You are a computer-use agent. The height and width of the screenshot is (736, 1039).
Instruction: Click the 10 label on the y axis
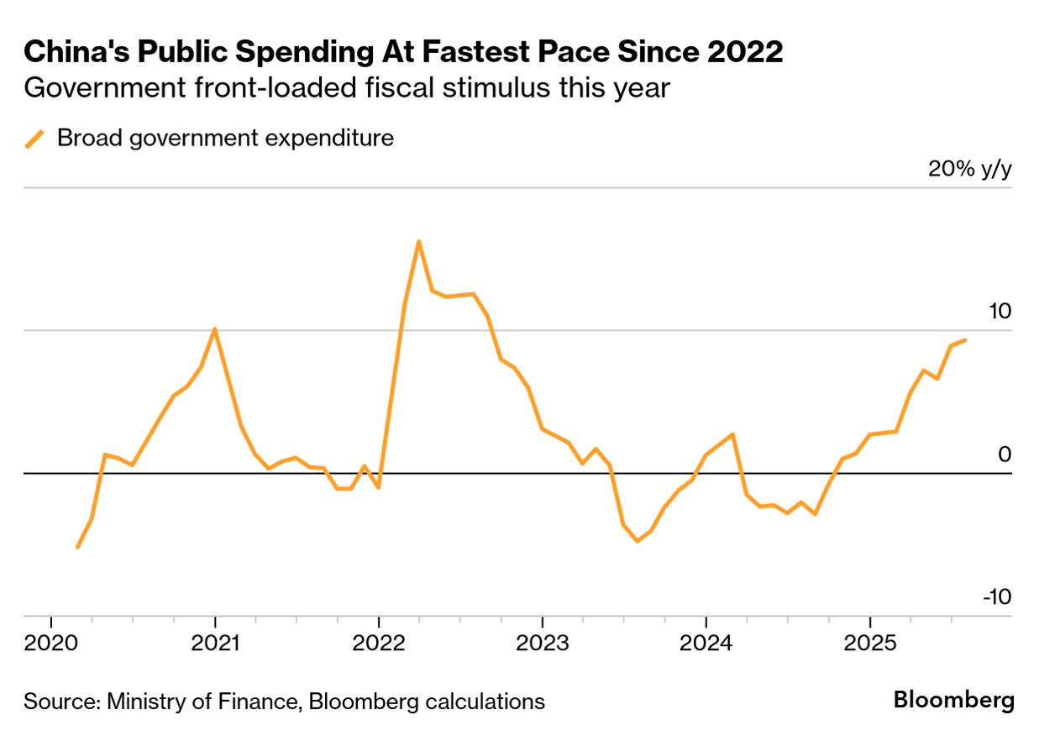pyautogui.click(x=1000, y=311)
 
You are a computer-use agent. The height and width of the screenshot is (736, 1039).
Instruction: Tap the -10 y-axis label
pyautogui.click(x=996, y=597)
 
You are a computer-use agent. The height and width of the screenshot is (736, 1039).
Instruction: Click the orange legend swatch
pyautogui.click(x=34, y=139)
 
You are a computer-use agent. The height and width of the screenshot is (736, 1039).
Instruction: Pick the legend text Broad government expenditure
pyautogui.click(x=225, y=138)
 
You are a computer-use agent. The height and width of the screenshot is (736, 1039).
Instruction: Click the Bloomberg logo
pyautogui.click(x=953, y=700)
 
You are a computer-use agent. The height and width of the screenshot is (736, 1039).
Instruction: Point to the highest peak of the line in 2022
pyautogui.click(x=418, y=241)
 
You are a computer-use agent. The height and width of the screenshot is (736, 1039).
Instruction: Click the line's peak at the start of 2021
pyautogui.click(x=215, y=329)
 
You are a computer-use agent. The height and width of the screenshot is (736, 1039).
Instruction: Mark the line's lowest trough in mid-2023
pyautogui.click(x=638, y=541)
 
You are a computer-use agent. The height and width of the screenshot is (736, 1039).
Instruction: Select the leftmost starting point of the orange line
pyautogui.click(x=77, y=547)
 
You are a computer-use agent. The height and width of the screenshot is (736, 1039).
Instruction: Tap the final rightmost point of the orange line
pyautogui.click(x=965, y=340)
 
